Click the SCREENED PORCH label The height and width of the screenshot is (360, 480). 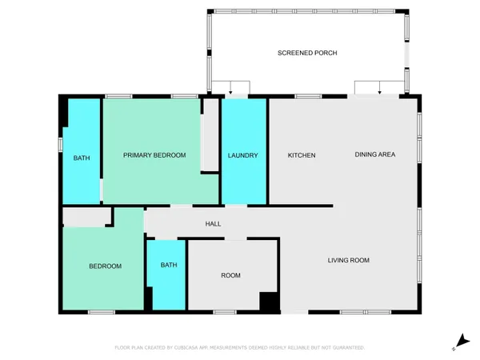[307, 53]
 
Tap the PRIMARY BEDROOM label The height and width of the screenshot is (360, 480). [154, 155]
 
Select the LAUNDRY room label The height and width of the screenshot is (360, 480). [242, 155]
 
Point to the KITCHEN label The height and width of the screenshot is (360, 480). [302, 155]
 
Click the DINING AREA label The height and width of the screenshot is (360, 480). [375, 154]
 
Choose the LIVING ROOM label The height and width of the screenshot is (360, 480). [349, 260]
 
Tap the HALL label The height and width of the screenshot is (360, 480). [213, 223]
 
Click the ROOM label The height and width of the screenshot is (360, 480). [230, 275]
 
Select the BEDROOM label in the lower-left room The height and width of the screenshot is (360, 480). [105, 266]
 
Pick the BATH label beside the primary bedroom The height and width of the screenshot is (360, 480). [82, 158]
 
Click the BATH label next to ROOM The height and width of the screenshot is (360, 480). [168, 265]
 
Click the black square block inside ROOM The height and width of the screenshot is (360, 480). [270, 302]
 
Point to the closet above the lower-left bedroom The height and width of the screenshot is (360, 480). [87, 218]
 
